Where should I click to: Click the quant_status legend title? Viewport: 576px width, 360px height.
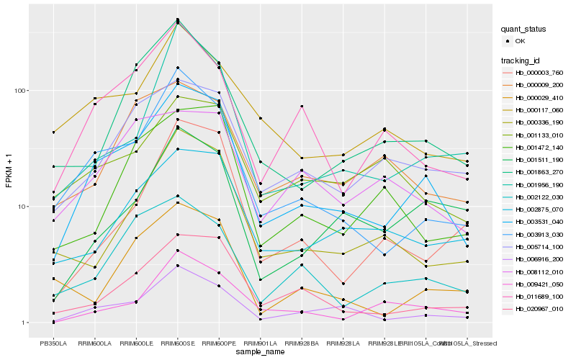point(523,30)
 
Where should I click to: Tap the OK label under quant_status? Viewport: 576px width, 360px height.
point(520,42)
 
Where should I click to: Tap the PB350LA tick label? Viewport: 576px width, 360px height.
point(53,343)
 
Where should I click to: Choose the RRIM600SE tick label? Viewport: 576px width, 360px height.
point(177,343)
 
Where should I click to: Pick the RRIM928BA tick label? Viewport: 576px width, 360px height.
point(302,343)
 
